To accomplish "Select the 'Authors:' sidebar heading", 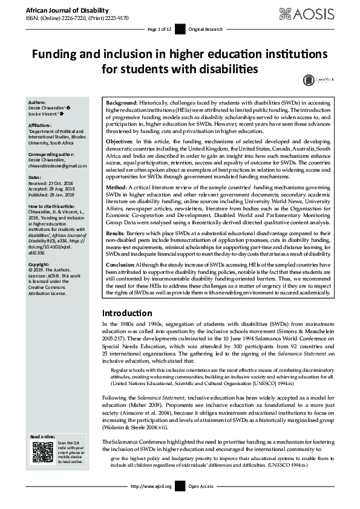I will coord(38,102).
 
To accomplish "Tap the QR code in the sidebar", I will coord(41,452).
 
